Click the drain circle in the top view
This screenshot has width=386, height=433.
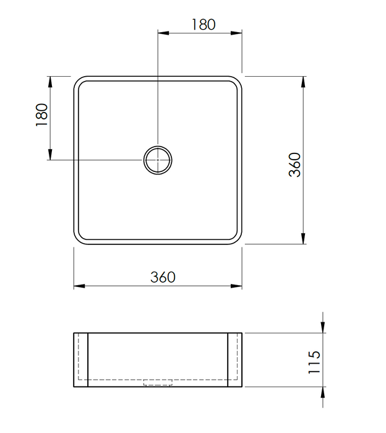coord(158,146)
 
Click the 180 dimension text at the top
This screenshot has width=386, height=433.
coord(204,24)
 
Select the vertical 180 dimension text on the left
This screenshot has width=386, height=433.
coord(41,115)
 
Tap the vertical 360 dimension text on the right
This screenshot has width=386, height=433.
coord(294,165)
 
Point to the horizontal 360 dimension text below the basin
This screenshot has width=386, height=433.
coord(163,277)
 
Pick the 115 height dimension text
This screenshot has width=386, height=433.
coord(314,362)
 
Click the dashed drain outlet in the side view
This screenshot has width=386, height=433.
coord(158,382)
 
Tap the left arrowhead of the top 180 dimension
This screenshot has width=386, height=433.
coord(163,33)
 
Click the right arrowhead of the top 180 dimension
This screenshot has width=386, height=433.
coord(236,33)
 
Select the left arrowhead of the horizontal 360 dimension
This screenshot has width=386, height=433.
coord(79,286)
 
